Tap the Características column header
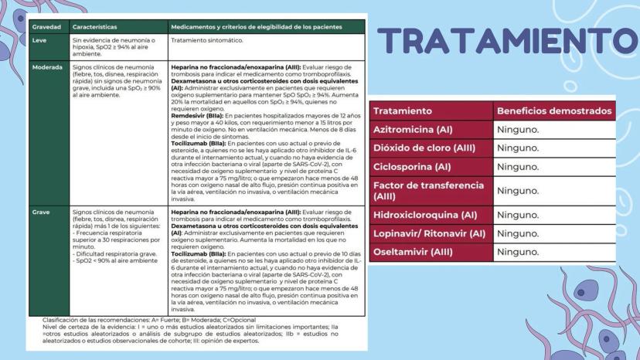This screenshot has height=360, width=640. pyautogui.click(x=93, y=26)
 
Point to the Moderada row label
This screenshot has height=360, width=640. pyautogui.click(x=47, y=67)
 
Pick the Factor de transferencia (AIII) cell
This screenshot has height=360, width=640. pyautogui.click(x=429, y=190)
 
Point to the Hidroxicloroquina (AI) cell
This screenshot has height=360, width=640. pyautogui.click(x=429, y=215)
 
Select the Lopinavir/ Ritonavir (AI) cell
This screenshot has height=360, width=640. pyautogui.click(x=429, y=233)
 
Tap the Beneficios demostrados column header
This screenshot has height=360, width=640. pyautogui.click(x=554, y=111)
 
